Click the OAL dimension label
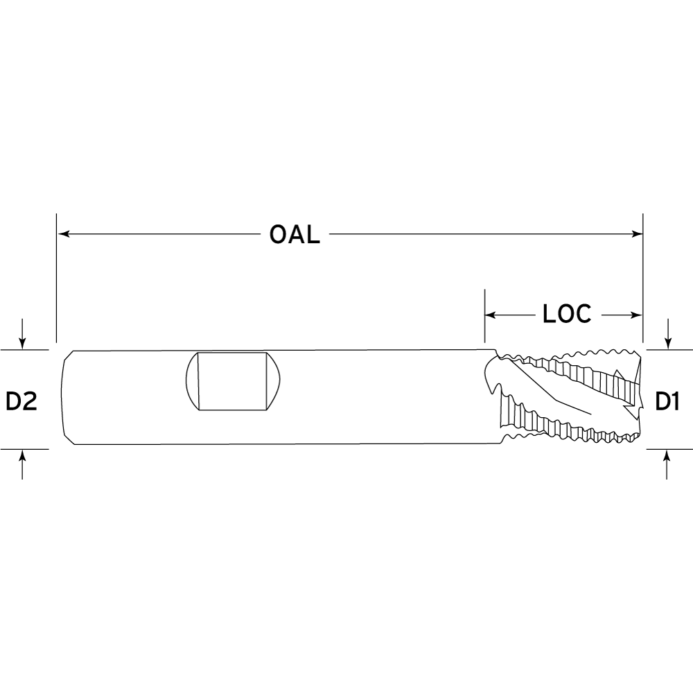(295, 234)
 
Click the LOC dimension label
(567, 314)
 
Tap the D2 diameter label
(21, 401)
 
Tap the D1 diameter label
(667, 401)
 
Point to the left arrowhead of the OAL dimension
(64, 234)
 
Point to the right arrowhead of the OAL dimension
(637, 234)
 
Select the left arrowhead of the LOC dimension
(491, 315)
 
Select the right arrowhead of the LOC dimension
(637, 315)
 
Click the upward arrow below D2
(23, 464)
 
